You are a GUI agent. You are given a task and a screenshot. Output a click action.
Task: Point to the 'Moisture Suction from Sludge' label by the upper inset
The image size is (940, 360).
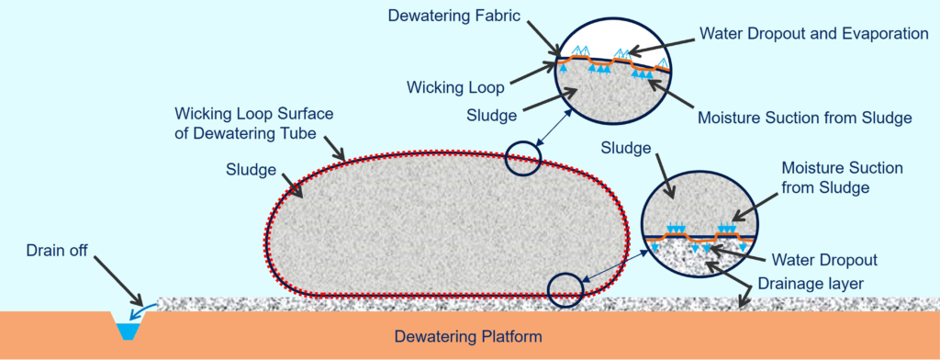[x=804, y=117]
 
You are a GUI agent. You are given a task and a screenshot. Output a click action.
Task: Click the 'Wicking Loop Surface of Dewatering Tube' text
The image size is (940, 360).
[x=253, y=124]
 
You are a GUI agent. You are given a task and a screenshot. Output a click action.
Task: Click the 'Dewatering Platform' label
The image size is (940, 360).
[x=467, y=337]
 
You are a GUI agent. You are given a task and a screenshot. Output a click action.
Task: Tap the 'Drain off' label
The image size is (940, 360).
[x=57, y=251]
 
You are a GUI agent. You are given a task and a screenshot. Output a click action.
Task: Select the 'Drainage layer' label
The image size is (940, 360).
[x=810, y=283]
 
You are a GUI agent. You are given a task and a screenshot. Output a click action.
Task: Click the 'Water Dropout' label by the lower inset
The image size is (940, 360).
[x=824, y=260]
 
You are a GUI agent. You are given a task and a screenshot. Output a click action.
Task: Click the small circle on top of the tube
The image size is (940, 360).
[x=522, y=158]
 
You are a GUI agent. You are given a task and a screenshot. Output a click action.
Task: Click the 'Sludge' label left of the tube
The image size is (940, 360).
[x=252, y=170]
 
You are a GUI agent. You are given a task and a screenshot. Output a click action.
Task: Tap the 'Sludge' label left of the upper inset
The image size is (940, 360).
[x=492, y=115]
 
